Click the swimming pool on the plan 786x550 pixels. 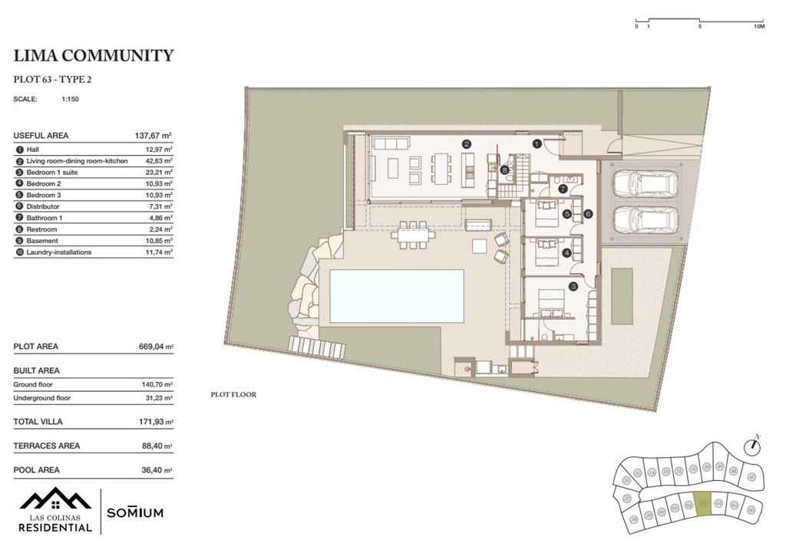tap(397, 295)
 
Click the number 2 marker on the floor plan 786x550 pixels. tap(466, 143)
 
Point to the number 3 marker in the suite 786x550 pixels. tap(573, 287)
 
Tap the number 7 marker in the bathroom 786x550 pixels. tap(563, 188)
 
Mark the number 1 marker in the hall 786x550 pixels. tap(537, 143)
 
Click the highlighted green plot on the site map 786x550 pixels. tap(703, 504)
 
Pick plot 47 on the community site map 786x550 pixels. tap(751, 476)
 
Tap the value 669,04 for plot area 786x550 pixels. tap(151, 347)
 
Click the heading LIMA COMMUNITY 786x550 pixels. tap(94, 55)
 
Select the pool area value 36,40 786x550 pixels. tap(151, 470)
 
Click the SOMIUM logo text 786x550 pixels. tap(134, 512)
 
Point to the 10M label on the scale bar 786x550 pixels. tap(759, 26)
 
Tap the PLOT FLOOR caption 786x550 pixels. tap(233, 394)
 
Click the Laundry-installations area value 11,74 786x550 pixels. tap(156, 252)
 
